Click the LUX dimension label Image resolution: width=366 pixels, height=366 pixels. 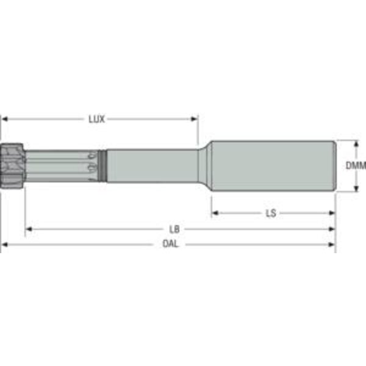tap(96, 120)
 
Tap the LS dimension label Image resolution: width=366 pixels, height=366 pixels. tap(271, 213)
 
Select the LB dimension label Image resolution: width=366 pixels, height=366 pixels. tap(174, 229)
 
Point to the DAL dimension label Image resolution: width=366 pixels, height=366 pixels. tap(170, 245)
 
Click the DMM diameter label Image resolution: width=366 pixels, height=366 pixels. tap(356, 166)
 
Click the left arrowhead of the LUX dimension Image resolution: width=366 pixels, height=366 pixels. tap(5, 120)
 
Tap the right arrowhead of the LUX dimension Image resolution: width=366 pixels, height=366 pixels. tap(195, 120)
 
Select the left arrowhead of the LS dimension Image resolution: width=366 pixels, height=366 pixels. tap(215, 213)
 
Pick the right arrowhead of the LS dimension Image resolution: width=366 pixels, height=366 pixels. tap(332, 213)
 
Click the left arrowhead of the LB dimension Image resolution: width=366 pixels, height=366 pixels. tap(29, 229)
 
